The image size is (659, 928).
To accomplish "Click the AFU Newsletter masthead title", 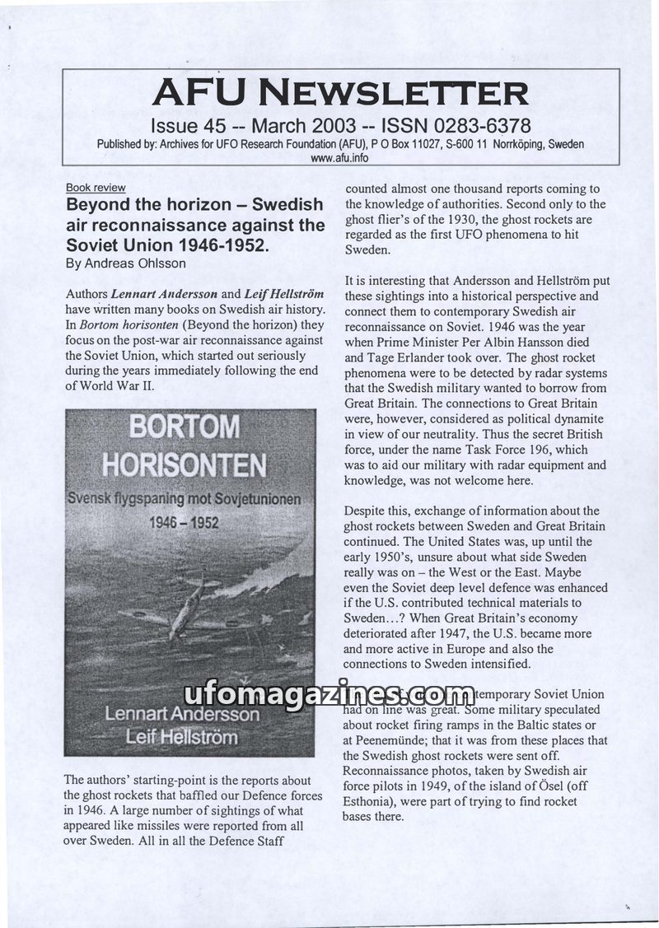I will tap(340, 92).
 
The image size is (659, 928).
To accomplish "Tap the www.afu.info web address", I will tap(340, 158).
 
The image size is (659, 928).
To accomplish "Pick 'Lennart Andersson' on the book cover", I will tap(182, 714).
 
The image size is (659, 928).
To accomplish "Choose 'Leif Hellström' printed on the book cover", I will tap(182, 736).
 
